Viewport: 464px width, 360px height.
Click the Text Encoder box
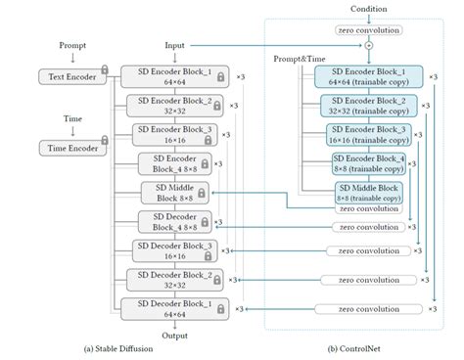(71, 75)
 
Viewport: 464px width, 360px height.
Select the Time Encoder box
(71, 148)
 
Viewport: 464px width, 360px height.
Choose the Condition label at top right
(369, 9)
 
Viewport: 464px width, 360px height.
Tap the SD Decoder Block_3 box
(167, 250)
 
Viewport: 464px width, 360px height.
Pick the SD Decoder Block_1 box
(167, 308)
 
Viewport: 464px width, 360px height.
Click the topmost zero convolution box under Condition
(369, 28)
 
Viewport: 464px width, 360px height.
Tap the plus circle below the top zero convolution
(369, 45)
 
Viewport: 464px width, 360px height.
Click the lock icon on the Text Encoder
(105, 72)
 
